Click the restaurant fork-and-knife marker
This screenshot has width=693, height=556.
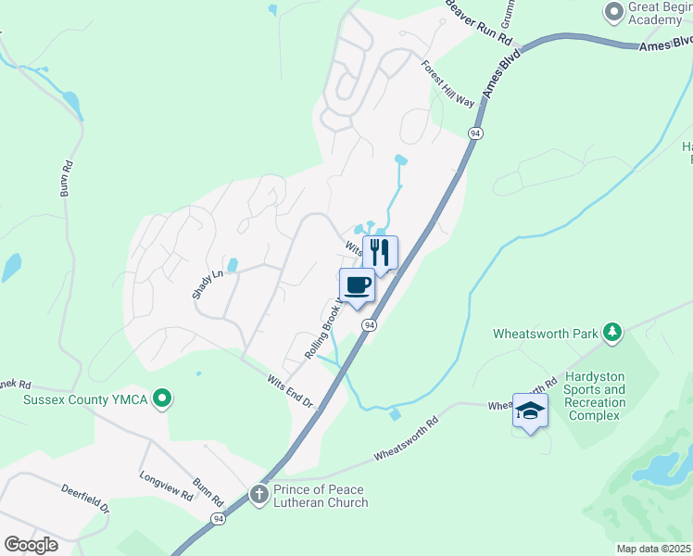tap(380, 252)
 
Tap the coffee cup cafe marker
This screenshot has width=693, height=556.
tap(358, 285)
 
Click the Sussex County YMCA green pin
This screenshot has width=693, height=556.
tap(163, 399)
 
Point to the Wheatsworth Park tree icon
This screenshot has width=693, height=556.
tap(611, 331)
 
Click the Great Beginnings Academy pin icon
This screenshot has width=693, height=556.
tap(613, 12)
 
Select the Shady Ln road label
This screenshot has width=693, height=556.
tap(208, 284)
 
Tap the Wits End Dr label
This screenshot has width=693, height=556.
tap(291, 392)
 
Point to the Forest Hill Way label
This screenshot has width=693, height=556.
tap(448, 84)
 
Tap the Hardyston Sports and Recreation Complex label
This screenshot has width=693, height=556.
tap(596, 403)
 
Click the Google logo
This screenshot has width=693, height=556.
tap(31, 544)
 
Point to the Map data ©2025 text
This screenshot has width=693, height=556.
tap(652, 549)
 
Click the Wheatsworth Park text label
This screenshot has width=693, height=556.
tap(546, 334)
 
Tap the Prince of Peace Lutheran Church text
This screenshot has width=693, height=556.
tap(321, 496)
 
